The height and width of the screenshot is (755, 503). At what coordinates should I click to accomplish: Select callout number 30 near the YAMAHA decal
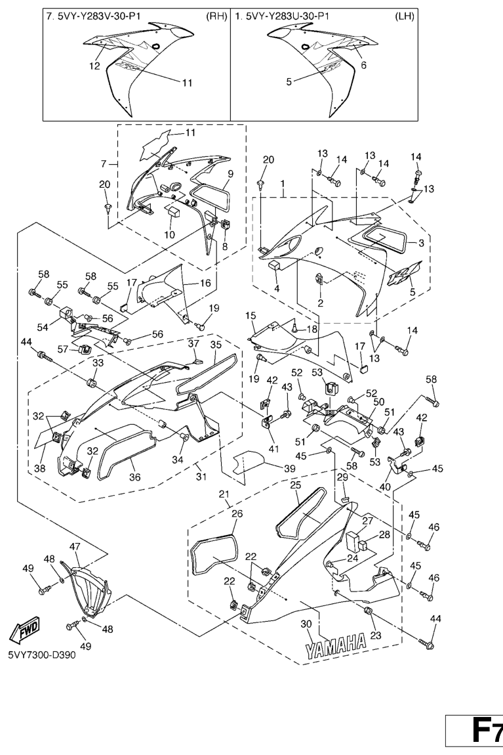point(305,624)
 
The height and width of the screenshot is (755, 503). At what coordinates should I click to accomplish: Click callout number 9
point(230,175)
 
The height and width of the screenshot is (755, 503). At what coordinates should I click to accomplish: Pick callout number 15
point(251,316)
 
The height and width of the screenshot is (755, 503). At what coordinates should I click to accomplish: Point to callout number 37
point(193,343)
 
